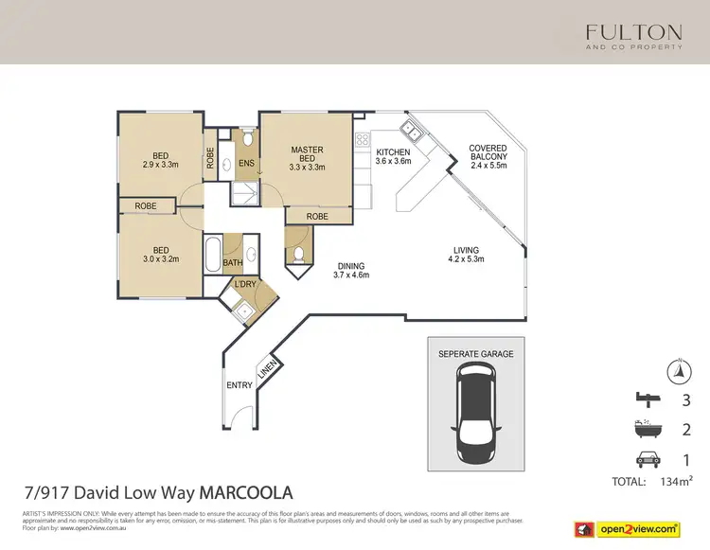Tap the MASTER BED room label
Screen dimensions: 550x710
(307, 158)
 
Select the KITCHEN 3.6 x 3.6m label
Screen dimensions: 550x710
(393, 157)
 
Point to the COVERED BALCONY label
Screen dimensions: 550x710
(488, 156)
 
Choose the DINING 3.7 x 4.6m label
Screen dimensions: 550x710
(349, 270)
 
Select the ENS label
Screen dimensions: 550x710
(245, 164)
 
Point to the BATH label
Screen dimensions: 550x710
(233, 263)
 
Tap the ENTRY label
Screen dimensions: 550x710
(239, 385)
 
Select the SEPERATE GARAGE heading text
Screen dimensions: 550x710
(476, 354)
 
